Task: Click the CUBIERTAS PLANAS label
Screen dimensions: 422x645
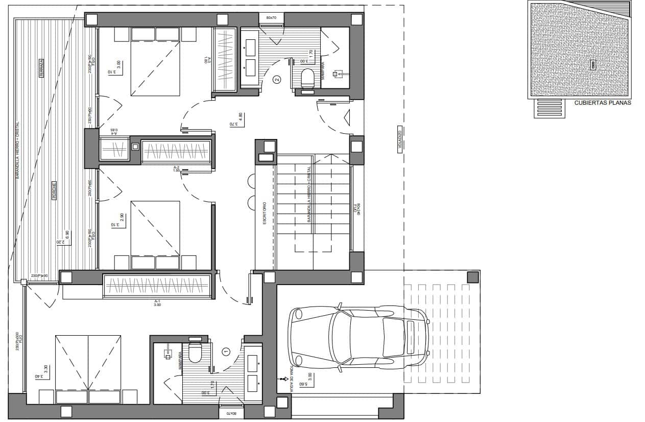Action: pyautogui.click(x=603, y=103)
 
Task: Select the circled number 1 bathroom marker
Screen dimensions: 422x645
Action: pyautogui.click(x=227, y=351)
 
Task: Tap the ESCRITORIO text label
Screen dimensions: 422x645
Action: pyautogui.click(x=265, y=213)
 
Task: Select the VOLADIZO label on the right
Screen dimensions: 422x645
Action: pyautogui.click(x=399, y=138)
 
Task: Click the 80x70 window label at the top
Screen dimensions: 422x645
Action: pyautogui.click(x=271, y=18)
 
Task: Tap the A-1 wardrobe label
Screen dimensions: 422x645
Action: pyautogui.click(x=157, y=303)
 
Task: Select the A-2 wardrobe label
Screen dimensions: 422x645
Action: pyautogui.click(x=177, y=169)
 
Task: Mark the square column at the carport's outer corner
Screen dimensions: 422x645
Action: pyautogui.click(x=473, y=276)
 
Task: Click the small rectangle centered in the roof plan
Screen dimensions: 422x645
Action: pyautogui.click(x=592, y=64)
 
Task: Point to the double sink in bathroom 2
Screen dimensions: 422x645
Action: pyautogui.click(x=250, y=57)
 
